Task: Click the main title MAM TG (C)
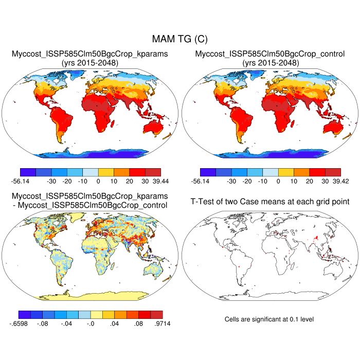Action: (x=179, y=39)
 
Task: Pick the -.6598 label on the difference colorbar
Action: (x=28, y=323)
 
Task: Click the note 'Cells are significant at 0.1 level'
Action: (x=269, y=319)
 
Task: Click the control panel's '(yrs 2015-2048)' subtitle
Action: (x=269, y=63)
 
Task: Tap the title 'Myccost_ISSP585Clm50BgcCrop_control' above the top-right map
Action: (x=269, y=54)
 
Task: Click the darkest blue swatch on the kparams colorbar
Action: (x=27, y=172)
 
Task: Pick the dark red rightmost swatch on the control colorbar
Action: (x=333, y=172)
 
